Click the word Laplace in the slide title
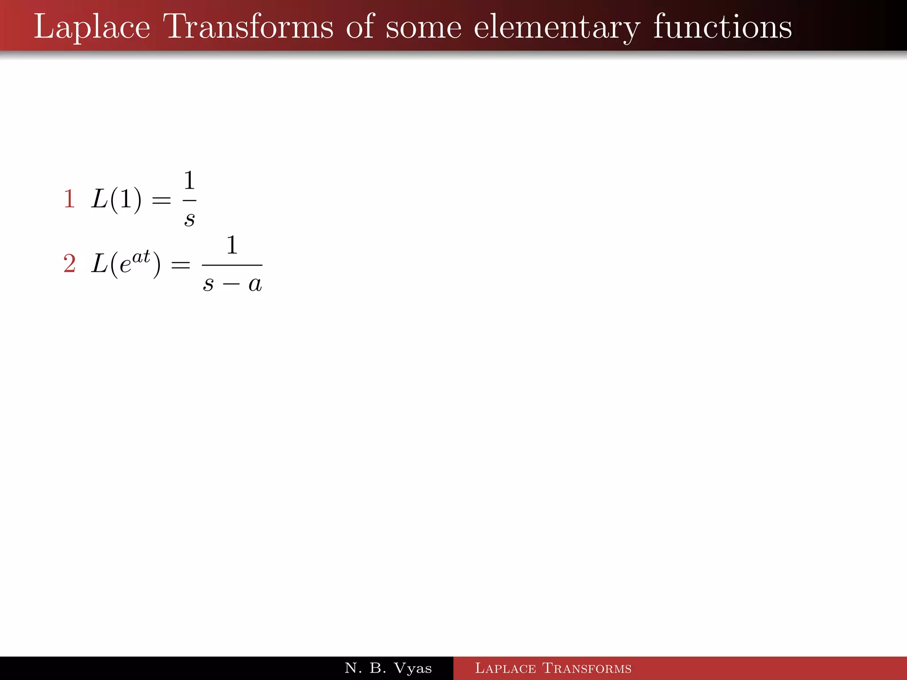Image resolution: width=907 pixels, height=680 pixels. (92, 27)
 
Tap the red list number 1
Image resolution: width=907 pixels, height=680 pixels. (69, 199)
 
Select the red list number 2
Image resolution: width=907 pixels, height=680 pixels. (70, 264)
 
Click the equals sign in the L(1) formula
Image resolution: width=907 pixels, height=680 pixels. (161, 201)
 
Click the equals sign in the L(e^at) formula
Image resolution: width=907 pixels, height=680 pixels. (181, 266)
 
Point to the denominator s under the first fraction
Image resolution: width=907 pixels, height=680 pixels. (190, 219)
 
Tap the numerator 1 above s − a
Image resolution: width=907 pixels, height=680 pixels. (232, 245)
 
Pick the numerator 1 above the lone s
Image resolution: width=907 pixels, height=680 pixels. (189, 180)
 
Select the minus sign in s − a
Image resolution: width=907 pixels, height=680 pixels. (231, 285)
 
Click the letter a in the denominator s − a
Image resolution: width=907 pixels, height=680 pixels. (255, 284)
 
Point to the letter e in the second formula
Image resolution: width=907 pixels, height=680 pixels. (125, 266)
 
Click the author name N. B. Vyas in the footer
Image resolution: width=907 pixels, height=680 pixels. (388, 668)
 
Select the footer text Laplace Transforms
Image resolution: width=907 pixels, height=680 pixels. (553, 668)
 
